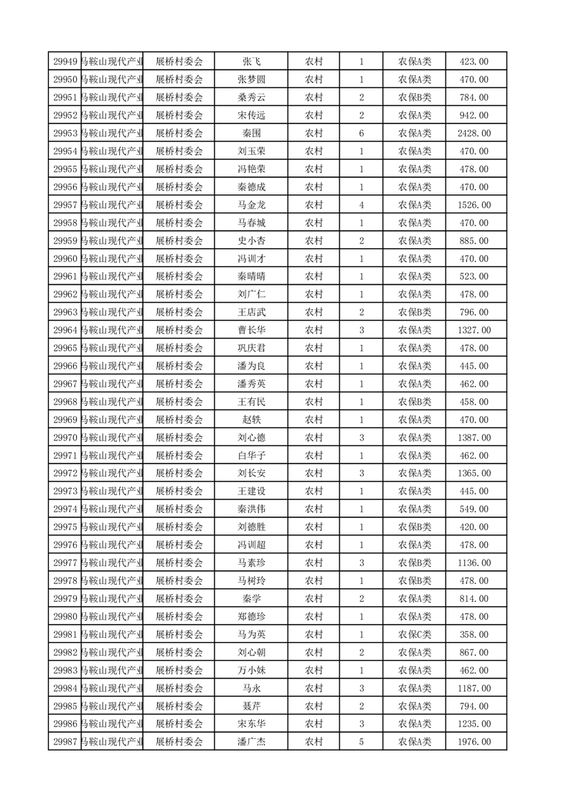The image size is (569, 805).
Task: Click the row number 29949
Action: pos(65,62)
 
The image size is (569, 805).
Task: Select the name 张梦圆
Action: pos(251,80)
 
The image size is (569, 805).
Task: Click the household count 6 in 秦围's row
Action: pos(361,133)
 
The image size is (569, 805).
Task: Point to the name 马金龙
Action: pos(251,205)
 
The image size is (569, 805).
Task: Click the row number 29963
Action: pos(65,312)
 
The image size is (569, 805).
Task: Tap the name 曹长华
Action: pos(251,330)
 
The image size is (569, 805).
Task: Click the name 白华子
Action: pos(251,456)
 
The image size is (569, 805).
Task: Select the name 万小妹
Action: pos(251,670)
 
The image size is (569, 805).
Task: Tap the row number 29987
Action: pos(65,742)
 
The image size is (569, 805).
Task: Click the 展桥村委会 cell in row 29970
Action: pos(179,438)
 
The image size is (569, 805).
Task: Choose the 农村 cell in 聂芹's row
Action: pos(314,706)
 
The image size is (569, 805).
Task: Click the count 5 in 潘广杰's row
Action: pos(361,742)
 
